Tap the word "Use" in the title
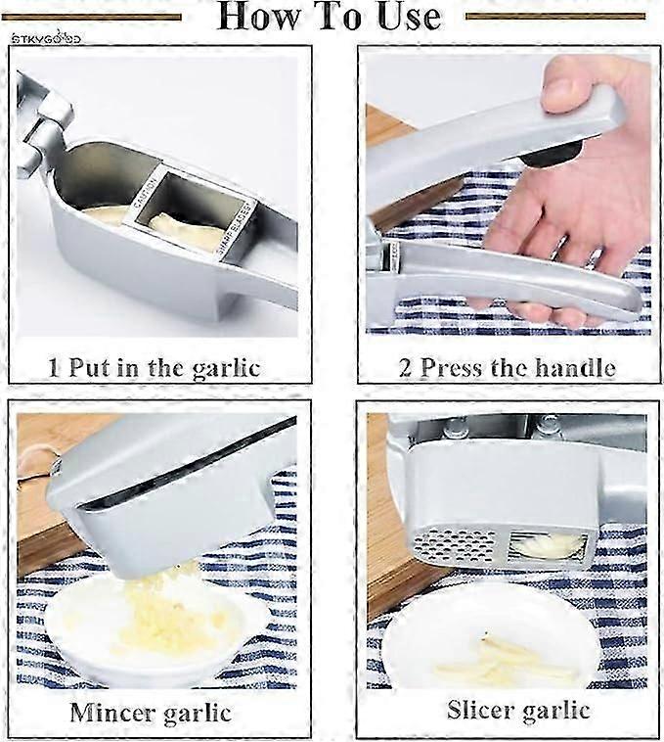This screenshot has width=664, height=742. (400, 17)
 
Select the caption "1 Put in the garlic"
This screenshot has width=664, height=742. (155, 368)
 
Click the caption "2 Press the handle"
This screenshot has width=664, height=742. (508, 368)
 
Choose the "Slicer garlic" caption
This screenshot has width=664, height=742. (518, 710)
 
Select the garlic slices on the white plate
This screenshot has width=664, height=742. (503, 660)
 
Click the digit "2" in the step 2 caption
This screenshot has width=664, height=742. (405, 368)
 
